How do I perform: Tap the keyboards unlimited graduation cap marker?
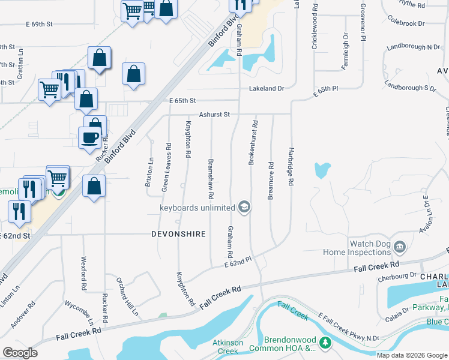point(244,208)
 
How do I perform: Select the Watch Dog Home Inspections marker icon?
point(399,246)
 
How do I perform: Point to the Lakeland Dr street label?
point(267,89)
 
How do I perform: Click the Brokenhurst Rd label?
point(253,143)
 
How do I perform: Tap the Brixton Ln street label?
point(148,172)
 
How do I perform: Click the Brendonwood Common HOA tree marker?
point(325,343)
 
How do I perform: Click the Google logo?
point(20,353)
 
